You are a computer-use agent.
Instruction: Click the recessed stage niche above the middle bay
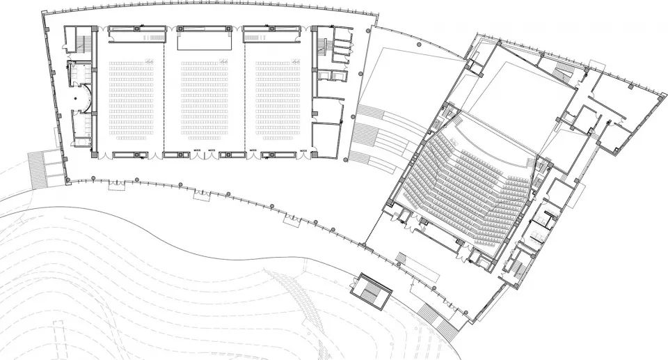[x=205, y=42]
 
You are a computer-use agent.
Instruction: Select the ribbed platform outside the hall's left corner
[x=45, y=167]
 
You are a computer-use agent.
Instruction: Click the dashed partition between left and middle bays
[x=164, y=91]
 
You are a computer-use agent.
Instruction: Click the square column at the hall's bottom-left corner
[x=67, y=180]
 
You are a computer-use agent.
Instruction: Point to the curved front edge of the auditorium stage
[x=487, y=130]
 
